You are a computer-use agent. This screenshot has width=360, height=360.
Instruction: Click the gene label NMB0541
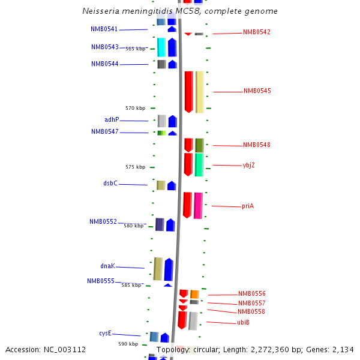tap(104, 29)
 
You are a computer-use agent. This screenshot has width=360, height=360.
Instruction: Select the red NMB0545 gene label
tap(257, 91)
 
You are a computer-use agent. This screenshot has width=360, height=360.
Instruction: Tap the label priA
tap(248, 206)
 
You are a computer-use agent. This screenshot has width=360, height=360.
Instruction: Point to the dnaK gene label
tap(107, 266)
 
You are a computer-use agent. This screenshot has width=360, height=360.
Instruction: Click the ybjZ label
tap(249, 165)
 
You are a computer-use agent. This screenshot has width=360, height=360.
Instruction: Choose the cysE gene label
tap(105, 333)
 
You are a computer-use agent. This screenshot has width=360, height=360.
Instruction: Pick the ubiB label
tap(243, 323)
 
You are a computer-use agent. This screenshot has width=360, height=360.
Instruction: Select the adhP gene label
tap(112, 119)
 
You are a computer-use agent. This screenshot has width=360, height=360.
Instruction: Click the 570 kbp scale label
tap(135, 108)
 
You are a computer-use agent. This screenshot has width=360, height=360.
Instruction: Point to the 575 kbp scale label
tap(135, 167)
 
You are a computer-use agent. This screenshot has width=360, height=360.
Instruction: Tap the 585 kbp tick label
tap(131, 285)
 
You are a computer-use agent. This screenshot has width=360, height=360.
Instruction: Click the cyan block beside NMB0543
tap(161, 47)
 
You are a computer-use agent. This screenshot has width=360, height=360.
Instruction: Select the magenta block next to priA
tap(198, 205)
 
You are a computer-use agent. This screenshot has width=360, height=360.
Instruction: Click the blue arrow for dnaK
tap(169, 269)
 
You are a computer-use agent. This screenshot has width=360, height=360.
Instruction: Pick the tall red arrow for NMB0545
tap(188, 92)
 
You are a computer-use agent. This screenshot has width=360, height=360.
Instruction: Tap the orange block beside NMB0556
tap(194, 294)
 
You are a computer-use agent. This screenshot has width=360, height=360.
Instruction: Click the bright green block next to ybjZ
tap(199, 164)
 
